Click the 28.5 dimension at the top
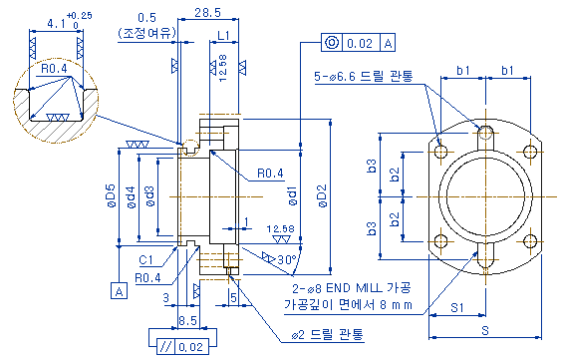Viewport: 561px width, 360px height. tap(208, 13)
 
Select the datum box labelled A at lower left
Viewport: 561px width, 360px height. tap(120, 291)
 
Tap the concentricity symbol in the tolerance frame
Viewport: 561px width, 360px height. tap(332, 43)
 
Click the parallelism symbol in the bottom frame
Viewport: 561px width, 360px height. tap(166, 347)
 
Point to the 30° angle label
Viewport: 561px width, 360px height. tap(287, 259)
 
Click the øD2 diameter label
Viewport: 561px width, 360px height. tap(323, 195)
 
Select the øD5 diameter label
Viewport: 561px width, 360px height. tap(111, 195)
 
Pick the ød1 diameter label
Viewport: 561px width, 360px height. tap(292, 195)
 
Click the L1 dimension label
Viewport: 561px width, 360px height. tap(223, 35)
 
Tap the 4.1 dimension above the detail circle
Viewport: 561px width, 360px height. tap(57, 24)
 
